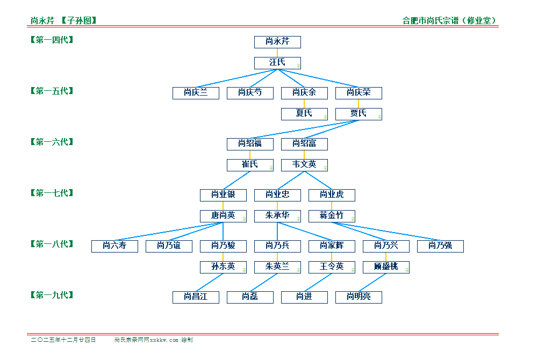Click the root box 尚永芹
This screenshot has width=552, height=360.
coord(277,42)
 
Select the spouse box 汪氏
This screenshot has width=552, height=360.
coord(277,63)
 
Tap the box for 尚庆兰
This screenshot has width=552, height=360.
coord(196,93)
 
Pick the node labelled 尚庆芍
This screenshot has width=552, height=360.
coord(250,93)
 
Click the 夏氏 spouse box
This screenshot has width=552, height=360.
coord(304,113)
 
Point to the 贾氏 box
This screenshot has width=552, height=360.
coord(359,113)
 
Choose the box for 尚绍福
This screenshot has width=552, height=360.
coord(250,143)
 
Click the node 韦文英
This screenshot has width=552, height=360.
coord(304,164)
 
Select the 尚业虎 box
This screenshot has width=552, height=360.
coord(332,195)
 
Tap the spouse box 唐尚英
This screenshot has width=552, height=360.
coord(223,215)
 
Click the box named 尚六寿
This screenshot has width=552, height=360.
coord(114,246)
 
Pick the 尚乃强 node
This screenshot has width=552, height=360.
coord(440,246)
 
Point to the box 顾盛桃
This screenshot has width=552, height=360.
coord(386,267)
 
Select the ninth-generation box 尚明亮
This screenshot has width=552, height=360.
coord(359,297)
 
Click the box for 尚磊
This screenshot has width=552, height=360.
coord(250,297)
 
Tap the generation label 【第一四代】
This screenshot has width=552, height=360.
coord(52,40)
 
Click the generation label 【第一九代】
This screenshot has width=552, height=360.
coord(52,295)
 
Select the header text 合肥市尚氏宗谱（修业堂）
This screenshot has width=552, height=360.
coord(449,21)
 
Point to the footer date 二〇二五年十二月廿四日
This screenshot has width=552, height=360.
coord(63,340)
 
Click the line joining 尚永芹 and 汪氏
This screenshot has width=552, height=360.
coord(277,53)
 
